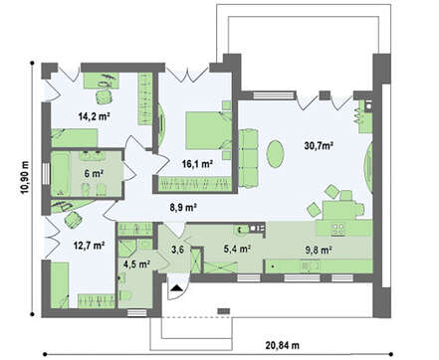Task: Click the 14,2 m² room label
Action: click(x=95, y=116)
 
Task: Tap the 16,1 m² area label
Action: click(x=197, y=163)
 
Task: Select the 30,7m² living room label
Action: click(x=319, y=145)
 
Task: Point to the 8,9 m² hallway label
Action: click(x=183, y=208)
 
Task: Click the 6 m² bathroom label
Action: click(x=94, y=173)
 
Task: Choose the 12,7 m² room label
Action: click(x=89, y=246)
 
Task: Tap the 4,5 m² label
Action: click(x=136, y=265)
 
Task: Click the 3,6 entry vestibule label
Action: click(x=177, y=250)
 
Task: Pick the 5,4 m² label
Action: click(x=237, y=249)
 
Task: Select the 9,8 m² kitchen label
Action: click(x=319, y=250)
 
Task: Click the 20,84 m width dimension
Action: click(x=282, y=345)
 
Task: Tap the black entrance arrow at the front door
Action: click(x=177, y=287)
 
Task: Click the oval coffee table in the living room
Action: click(x=276, y=154)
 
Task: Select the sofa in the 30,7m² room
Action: click(x=248, y=158)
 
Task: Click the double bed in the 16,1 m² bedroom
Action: click(x=208, y=130)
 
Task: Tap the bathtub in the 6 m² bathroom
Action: click(x=61, y=173)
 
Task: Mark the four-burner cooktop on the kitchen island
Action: click(x=338, y=229)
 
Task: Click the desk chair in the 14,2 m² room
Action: click(x=104, y=97)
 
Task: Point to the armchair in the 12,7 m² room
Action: click(x=74, y=220)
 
